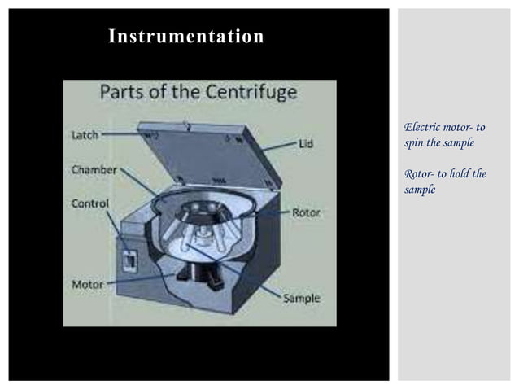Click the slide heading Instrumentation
pos(186,37)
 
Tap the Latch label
pos(85,135)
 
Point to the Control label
pos(90,203)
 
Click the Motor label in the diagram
pos(87,285)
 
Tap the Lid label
pos(304,143)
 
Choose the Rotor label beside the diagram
pos(307,212)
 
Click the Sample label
pos(301,299)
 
